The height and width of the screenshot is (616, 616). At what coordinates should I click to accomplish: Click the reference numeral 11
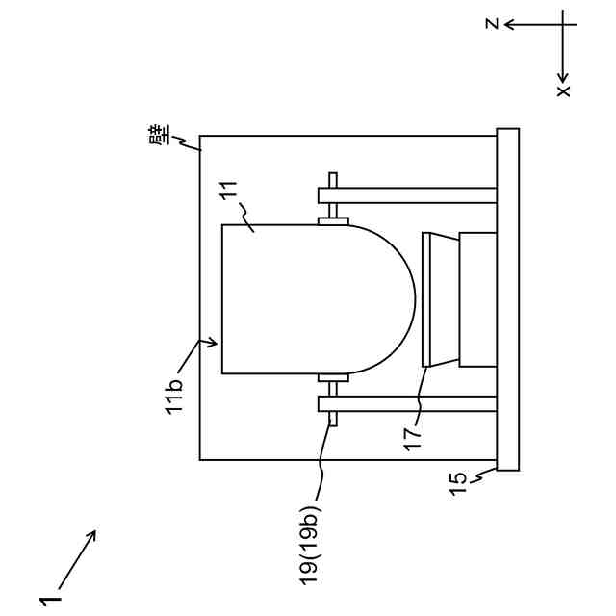(228, 191)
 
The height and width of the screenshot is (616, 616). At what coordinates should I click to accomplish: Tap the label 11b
(173, 396)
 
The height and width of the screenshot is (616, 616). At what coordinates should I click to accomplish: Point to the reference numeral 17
(412, 439)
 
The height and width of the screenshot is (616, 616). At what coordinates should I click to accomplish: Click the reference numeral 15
(457, 483)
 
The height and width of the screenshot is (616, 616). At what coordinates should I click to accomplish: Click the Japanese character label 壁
(160, 135)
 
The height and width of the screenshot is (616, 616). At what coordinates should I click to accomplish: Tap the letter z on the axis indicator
(492, 23)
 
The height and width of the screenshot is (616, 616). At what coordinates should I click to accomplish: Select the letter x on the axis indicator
(563, 91)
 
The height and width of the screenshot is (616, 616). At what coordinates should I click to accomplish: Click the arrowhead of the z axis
(510, 25)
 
